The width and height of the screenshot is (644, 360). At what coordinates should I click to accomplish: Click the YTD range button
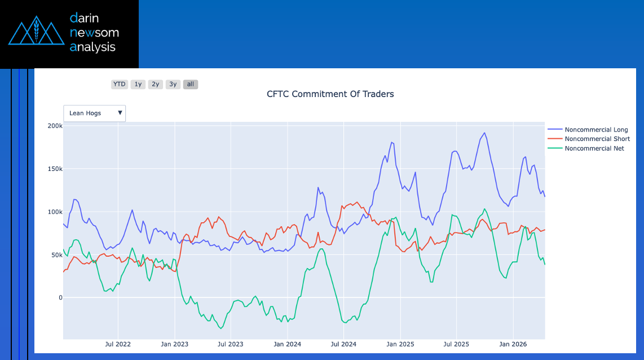click(119, 84)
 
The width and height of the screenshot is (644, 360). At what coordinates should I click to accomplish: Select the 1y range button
click(138, 84)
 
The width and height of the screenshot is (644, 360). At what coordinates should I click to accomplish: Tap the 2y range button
click(155, 84)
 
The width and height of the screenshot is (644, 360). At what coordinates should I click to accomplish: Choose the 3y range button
click(173, 84)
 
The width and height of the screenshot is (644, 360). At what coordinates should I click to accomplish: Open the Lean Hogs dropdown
click(94, 113)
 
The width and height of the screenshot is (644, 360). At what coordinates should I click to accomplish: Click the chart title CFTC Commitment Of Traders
click(330, 94)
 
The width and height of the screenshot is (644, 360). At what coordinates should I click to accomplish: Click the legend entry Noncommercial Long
click(596, 130)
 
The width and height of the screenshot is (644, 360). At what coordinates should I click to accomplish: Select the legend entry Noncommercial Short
click(597, 139)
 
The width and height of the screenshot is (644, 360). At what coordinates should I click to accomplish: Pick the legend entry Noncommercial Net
click(594, 148)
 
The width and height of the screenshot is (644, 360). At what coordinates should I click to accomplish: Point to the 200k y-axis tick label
click(55, 126)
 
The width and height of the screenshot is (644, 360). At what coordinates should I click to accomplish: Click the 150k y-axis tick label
click(55, 169)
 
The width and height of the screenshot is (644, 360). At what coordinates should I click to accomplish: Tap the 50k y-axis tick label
click(56, 255)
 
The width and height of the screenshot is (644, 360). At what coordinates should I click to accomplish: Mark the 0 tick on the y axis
click(60, 298)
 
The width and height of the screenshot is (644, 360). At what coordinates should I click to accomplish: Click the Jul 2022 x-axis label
click(118, 344)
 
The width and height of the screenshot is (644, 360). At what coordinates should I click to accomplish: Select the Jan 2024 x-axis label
click(287, 344)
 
